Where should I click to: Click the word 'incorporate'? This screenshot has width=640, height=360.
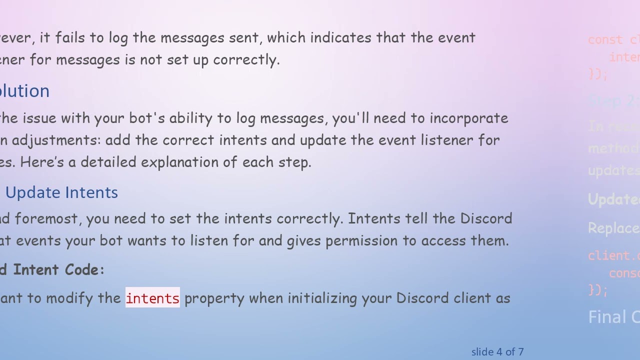(468, 118)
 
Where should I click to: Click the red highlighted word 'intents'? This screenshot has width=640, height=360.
(152, 298)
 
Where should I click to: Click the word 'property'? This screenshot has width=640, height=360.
(214, 298)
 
